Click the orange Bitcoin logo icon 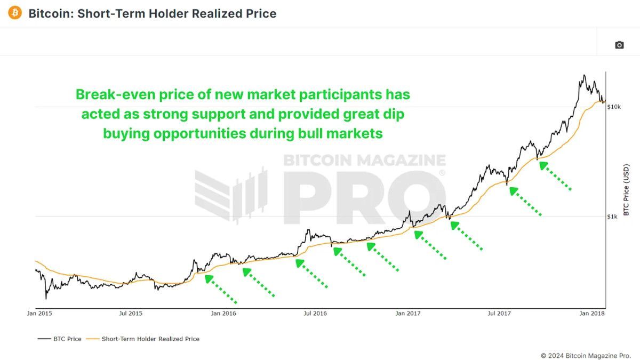[15, 13]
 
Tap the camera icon [619, 45]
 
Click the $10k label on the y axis [614, 107]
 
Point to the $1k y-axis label [613, 217]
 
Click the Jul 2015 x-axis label [131, 314]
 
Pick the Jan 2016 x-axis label [223, 314]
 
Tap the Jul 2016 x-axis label [315, 314]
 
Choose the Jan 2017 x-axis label [407, 314]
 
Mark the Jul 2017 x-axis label [500, 314]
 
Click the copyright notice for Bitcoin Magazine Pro [585, 355]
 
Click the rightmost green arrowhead [543, 165]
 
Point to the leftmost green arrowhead [209, 278]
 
